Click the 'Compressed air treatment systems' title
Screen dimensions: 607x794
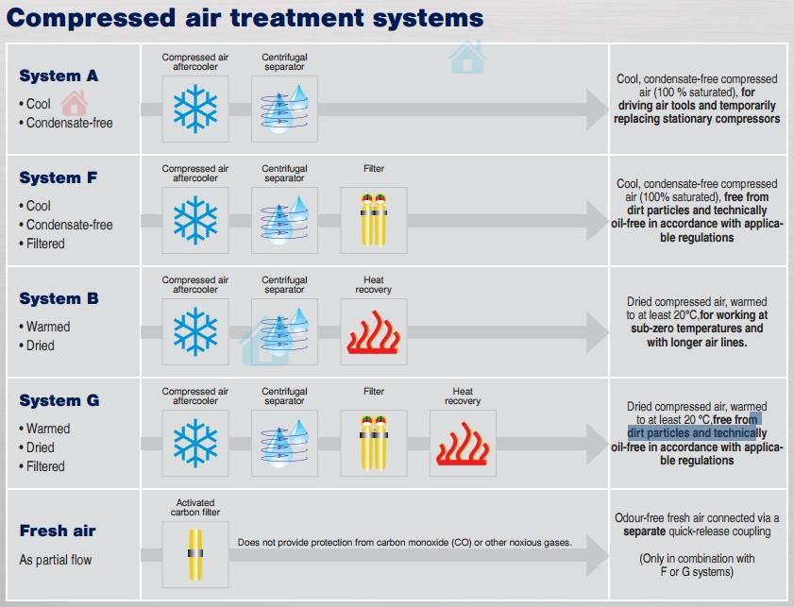245,17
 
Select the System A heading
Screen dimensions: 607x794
59,76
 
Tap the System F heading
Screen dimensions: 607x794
59,177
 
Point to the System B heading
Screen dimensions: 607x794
59,298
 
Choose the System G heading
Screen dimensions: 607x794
59,400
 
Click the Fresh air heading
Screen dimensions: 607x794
58,531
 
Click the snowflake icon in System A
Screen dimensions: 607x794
195,110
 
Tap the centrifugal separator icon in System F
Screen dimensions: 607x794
284,220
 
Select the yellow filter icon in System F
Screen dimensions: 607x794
374,220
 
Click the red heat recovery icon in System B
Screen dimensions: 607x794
374,332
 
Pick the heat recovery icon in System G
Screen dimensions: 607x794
463,444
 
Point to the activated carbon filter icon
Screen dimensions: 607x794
195,554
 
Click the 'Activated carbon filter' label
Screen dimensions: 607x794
195,508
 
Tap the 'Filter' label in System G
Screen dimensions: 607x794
374,391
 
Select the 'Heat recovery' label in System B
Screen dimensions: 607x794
374,285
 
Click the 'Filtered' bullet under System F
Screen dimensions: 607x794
45,244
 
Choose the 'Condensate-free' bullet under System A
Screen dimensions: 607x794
69,123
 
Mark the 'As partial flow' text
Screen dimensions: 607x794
56,560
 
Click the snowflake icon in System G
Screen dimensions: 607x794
195,444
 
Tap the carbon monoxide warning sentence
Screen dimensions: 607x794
404,543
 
